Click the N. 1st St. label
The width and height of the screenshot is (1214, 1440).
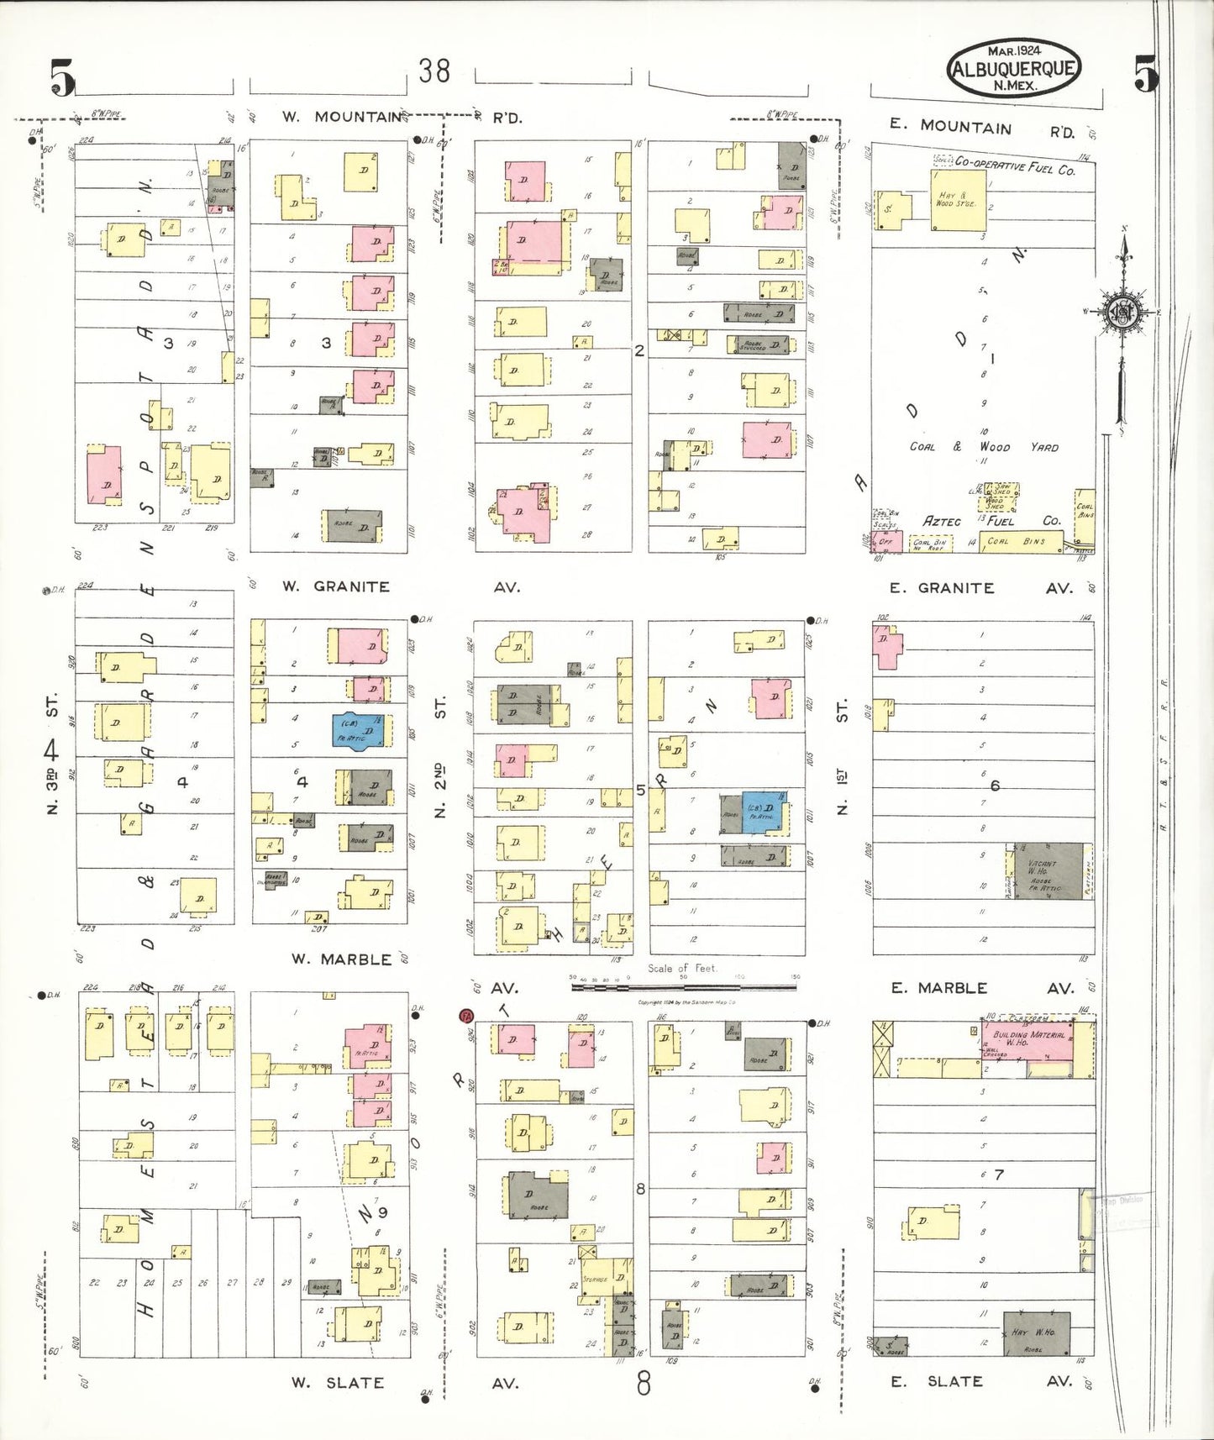843,756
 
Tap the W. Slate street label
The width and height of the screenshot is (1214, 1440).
338,1382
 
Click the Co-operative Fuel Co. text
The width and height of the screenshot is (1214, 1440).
1014,166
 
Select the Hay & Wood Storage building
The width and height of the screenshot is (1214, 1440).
957,200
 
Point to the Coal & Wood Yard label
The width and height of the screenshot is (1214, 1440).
984,447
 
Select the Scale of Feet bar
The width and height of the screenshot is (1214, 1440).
684,985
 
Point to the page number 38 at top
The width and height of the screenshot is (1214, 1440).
434,71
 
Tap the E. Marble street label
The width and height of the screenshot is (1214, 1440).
938,988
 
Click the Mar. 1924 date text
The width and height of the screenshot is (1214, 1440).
1014,51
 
